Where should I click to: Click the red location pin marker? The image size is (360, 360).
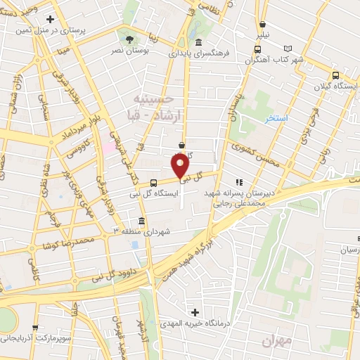[181, 165]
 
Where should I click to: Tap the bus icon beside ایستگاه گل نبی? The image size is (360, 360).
[153, 182]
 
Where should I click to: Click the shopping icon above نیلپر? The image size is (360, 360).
[262, 23]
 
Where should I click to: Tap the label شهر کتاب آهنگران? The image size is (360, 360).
[280, 61]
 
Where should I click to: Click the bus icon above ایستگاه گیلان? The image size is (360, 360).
[335, 75]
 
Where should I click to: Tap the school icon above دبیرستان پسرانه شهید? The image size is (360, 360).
[238, 182]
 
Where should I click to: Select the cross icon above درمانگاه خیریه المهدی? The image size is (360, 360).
[195, 311]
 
